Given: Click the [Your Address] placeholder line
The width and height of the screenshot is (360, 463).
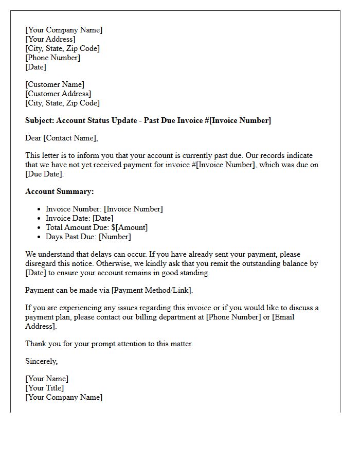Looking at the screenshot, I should pos(50,39).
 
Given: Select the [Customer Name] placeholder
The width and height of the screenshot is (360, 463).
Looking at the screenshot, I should pos(55,84).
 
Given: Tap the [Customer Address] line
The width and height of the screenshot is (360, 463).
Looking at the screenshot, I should pos(58,94).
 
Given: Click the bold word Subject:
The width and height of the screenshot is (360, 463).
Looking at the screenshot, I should pos(40,120).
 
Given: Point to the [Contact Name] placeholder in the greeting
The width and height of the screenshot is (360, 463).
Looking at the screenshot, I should pos(70,138).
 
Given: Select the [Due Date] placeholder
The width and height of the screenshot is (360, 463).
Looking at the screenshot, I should pos(44,174).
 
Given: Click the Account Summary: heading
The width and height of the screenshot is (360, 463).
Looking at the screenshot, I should pos(59,191).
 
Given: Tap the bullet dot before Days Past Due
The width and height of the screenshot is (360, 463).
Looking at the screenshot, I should pos(39,237).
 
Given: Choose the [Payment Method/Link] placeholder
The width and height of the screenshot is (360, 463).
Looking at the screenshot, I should pos(152,290).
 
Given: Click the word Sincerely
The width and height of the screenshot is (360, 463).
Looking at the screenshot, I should pos(41,361).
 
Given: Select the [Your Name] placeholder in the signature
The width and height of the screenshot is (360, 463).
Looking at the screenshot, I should pos(47,379).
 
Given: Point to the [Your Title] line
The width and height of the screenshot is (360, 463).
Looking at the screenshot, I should pos(45,388).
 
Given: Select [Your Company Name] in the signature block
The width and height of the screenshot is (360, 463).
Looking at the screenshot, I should pos(64,397).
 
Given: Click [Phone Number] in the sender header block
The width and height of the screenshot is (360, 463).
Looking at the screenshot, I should pos(52,58).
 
